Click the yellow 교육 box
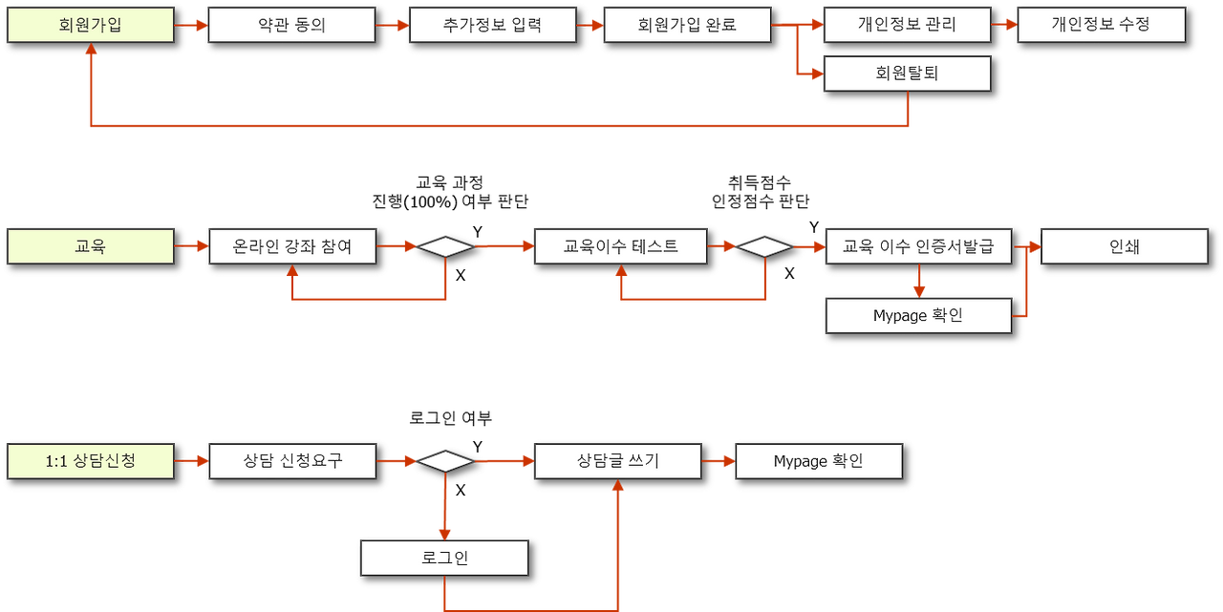tap(90, 246)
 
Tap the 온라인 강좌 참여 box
tap(292, 246)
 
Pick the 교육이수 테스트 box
tap(620, 246)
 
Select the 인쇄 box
tap(1124, 246)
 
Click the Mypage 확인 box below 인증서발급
tap(917, 316)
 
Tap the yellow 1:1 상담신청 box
tap(90, 461)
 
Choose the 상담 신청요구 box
tap(292, 461)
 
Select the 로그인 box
tap(443, 558)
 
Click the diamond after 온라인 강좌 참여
tap(444, 247)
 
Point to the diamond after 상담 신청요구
tap(444, 462)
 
